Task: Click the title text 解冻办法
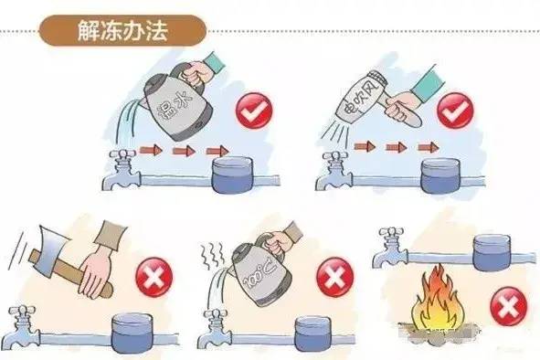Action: [x=122, y=31]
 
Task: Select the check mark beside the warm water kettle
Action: [x=254, y=111]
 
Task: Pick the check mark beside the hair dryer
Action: [x=455, y=110]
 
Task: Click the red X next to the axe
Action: [x=154, y=276]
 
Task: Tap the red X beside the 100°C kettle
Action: [x=334, y=276]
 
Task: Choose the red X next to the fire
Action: [x=508, y=306]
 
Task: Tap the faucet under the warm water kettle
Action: [x=122, y=170]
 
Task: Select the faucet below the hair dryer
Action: [x=334, y=170]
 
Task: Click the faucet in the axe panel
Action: [x=24, y=326]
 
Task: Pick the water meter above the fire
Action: [x=492, y=252]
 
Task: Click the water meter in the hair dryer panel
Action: [x=440, y=175]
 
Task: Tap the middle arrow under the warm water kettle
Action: [x=184, y=151]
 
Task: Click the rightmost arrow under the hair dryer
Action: [x=429, y=147]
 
